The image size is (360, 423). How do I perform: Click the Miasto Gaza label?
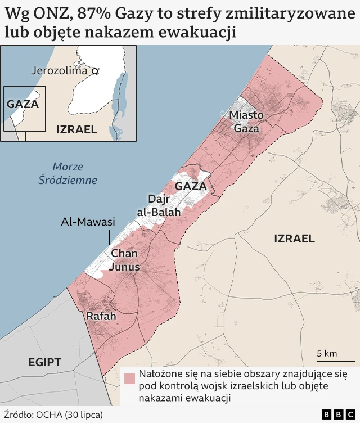246,121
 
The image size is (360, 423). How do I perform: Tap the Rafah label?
101,317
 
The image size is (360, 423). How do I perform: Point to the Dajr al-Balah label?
158,205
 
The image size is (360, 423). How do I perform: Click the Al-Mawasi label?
88,222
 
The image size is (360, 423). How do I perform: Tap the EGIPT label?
44,362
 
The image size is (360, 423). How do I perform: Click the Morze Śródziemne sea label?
68,173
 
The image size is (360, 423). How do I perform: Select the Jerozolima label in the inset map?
60,71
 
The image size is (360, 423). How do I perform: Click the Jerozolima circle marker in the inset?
95,71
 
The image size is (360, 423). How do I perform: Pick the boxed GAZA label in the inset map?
22,103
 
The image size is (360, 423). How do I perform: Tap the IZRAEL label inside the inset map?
76,129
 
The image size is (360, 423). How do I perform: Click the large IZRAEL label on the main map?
294,238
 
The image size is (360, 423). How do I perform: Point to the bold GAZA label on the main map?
191,186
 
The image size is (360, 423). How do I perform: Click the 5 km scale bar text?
327,353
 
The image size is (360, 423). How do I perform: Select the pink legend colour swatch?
130,379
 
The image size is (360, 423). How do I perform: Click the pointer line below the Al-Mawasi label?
110,237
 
